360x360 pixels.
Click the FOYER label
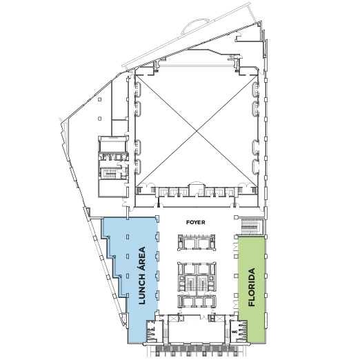195,222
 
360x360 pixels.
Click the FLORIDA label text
252,287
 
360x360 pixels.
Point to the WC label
234,332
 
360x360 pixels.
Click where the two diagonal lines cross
197,130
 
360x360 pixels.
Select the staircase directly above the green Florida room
251,227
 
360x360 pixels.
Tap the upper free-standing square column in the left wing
99,99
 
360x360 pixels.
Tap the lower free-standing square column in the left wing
99,119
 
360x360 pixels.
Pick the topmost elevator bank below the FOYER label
197,242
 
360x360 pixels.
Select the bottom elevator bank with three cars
197,301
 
